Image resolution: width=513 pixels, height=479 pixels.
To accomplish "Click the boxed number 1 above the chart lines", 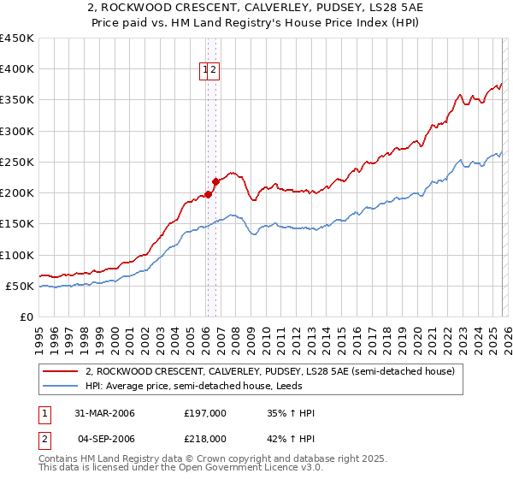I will [x=206, y=71].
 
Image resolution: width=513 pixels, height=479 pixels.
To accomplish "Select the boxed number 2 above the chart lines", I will [x=215, y=71].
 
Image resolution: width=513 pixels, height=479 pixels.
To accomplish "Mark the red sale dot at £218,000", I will [x=216, y=181].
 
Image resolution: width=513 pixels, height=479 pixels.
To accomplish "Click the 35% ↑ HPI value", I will [x=291, y=413].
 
